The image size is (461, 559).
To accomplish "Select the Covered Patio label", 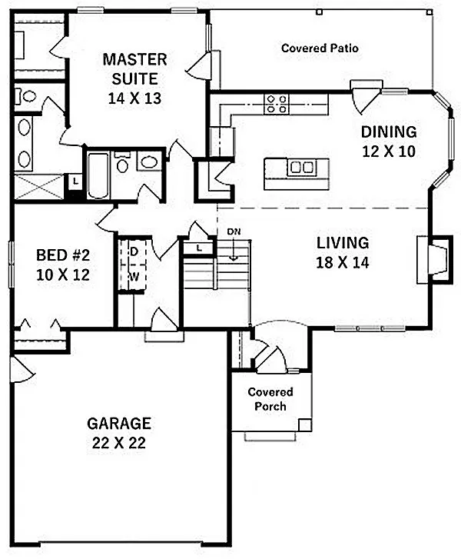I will pyautogui.click(x=320, y=48).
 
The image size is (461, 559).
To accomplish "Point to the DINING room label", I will pyautogui.click(x=389, y=131).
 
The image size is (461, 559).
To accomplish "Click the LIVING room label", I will pyautogui.click(x=343, y=243).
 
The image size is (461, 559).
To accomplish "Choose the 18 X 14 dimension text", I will pyautogui.click(x=343, y=262).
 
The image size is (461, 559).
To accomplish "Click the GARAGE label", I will pyautogui.click(x=118, y=423).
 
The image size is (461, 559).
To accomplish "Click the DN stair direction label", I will pyautogui.click(x=233, y=231).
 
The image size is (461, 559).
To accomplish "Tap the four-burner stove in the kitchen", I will pyautogui.click(x=277, y=103).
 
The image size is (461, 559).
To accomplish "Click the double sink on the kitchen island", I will pyautogui.click(x=301, y=167).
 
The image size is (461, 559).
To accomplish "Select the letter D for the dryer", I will pyautogui.click(x=132, y=251).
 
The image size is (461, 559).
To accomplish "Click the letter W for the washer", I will pyautogui.click(x=132, y=275).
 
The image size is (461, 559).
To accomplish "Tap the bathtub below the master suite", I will pyautogui.click(x=98, y=176).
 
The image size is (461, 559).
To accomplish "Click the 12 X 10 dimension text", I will pyautogui.click(x=389, y=151).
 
